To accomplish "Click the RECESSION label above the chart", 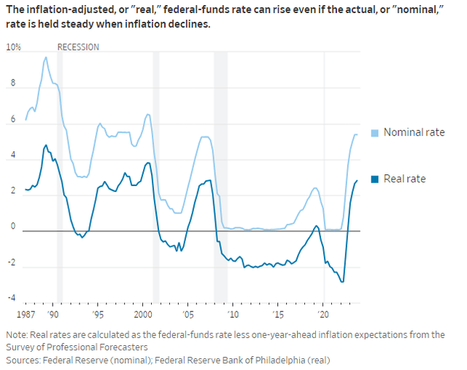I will point(78,47).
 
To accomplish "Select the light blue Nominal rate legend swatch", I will point(376,132).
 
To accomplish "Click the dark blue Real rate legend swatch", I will point(376,179).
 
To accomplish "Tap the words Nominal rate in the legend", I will point(414,132).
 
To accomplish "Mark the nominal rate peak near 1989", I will point(46,57).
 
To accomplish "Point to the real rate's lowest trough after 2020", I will point(342,282).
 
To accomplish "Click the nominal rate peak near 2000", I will point(148,114).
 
